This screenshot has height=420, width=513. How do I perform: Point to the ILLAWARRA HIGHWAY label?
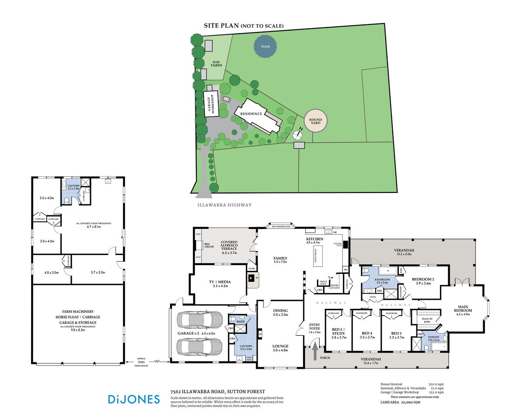[x=223, y=205]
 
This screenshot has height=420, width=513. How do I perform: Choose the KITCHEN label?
[x=315, y=239]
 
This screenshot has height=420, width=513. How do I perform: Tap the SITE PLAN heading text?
[x=221, y=26]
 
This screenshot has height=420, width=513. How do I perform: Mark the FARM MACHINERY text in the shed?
[x=78, y=311]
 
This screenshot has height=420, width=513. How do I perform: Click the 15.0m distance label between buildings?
[x=141, y=362]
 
